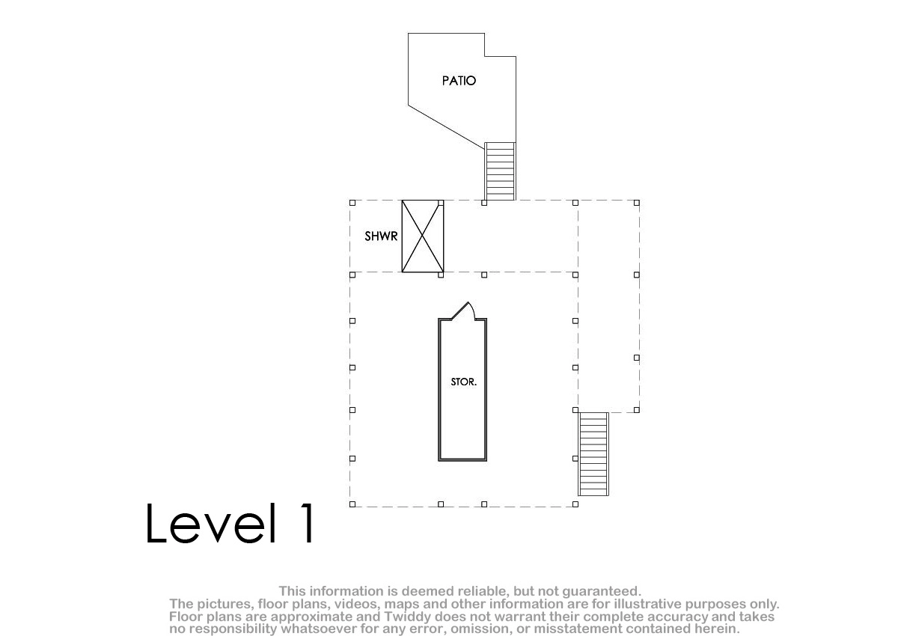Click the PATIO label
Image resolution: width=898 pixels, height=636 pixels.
click(x=459, y=81)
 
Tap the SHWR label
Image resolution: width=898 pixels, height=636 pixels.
click(x=381, y=236)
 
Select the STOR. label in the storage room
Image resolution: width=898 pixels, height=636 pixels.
click(x=463, y=382)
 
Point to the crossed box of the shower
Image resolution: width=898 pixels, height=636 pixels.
click(x=423, y=236)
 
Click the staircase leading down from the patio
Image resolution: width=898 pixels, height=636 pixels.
click(x=500, y=171)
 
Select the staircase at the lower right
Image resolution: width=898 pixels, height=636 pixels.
click(x=593, y=454)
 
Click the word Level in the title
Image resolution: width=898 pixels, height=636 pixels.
click(x=211, y=523)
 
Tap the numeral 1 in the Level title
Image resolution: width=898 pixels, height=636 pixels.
click(x=308, y=523)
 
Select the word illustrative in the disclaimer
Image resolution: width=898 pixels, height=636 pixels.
click(x=647, y=604)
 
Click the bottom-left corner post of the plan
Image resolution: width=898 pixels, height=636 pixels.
click(x=352, y=504)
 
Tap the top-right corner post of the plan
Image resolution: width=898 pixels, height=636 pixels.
click(x=637, y=203)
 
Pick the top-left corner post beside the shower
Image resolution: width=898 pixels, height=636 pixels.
click(x=352, y=203)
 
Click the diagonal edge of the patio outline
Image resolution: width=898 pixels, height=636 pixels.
click(x=446, y=127)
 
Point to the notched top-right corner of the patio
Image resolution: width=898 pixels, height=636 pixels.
click(x=485, y=57)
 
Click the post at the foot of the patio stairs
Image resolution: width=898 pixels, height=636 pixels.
click(x=484, y=203)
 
